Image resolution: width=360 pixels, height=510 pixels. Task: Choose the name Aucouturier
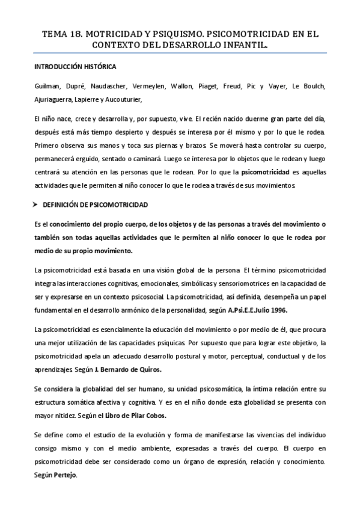pyautogui.click(x=126, y=100)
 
